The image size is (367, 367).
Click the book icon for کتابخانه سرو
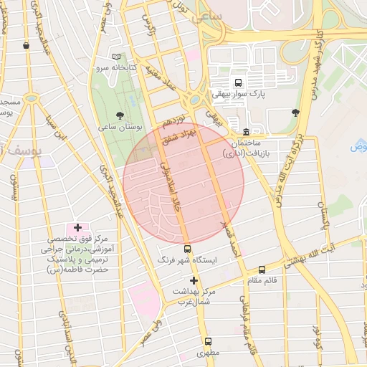click(117, 57)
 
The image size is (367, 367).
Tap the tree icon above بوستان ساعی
click(120, 115)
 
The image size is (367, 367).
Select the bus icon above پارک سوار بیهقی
click(237, 81)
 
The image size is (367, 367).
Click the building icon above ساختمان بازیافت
click(246, 132)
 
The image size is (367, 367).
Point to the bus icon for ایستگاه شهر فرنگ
click(188, 249)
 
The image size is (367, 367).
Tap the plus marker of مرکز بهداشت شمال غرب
click(193, 280)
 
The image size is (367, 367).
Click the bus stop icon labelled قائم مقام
click(262, 270)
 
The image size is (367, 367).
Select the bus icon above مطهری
click(208, 341)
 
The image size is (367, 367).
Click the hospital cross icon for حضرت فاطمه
click(77, 227)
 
